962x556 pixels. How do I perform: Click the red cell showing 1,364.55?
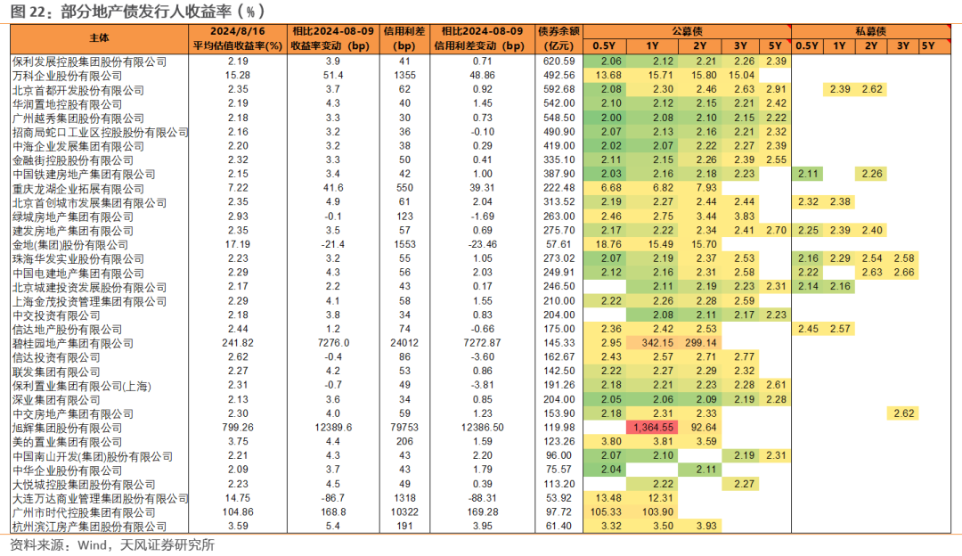(x=651, y=428)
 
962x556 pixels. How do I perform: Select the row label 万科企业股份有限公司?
(x=67, y=76)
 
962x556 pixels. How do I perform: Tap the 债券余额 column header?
(x=558, y=31)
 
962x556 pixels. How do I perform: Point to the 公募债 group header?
(x=687, y=31)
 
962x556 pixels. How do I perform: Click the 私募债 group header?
(x=870, y=31)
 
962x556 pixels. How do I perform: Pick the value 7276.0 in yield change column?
(x=333, y=343)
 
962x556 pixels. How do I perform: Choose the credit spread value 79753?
(x=404, y=428)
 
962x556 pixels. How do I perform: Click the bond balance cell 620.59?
(x=558, y=61)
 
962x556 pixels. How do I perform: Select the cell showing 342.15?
(x=657, y=343)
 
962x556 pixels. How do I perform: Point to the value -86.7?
(x=333, y=498)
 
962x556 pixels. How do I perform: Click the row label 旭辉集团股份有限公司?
(x=67, y=429)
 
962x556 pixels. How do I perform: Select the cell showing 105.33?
(x=606, y=512)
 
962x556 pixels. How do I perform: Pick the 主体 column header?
(x=99, y=38)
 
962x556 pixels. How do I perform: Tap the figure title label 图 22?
(x=28, y=11)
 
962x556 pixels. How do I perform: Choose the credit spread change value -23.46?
(x=482, y=244)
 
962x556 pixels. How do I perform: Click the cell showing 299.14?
(x=700, y=343)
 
